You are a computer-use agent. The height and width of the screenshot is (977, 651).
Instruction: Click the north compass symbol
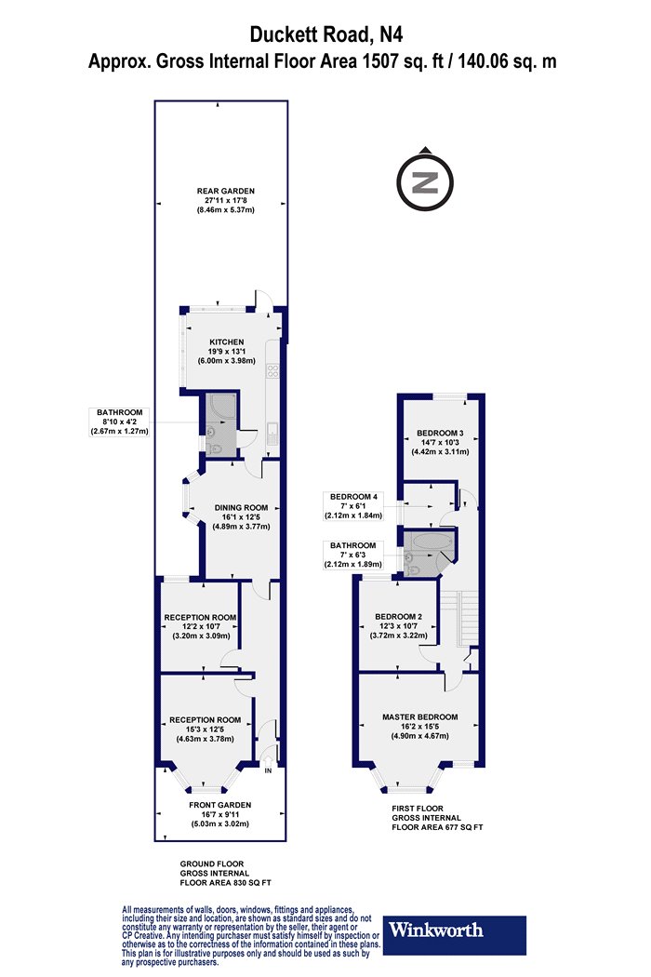[426, 181]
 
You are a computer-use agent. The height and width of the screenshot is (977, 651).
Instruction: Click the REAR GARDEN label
[225, 192]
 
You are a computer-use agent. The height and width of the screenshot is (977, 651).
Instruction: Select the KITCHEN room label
[226, 342]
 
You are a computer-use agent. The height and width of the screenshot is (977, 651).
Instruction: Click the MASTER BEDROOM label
[419, 717]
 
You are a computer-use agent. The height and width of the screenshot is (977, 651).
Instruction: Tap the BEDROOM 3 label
[440, 433]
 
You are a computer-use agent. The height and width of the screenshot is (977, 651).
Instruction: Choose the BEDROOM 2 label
[399, 617]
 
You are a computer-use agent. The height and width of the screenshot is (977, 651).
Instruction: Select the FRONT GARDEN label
[219, 805]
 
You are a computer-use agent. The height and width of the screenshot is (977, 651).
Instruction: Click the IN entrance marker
[269, 770]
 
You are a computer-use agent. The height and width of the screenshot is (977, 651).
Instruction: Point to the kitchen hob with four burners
[272, 372]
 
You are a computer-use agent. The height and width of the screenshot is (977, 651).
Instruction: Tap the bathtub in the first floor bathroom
[430, 541]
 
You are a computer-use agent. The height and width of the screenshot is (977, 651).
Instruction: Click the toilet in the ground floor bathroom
[216, 448]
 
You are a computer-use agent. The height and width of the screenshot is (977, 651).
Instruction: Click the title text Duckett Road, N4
[325, 34]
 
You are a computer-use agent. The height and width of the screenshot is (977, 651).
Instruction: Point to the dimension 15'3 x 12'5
[205, 729]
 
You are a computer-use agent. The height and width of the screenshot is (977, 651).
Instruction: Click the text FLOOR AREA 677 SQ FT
[437, 827]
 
